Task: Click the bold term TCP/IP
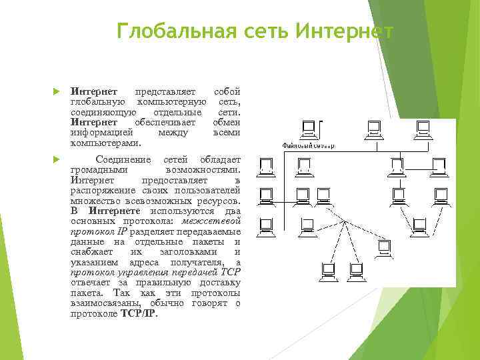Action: point(139,313)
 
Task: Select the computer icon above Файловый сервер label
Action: point(309,129)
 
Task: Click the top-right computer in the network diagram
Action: point(422,129)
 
